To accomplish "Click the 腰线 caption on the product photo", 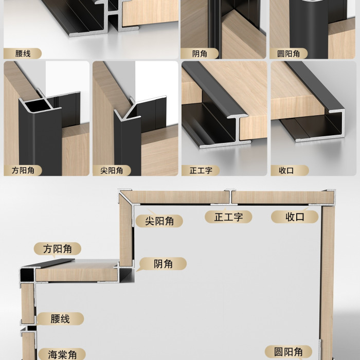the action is [23, 53].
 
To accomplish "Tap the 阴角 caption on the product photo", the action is [200, 53].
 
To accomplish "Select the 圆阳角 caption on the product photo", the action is [289, 53].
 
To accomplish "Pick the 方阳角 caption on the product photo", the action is [23, 170].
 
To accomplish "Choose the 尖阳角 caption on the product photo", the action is [112, 170].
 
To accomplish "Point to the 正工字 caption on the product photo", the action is [201, 170].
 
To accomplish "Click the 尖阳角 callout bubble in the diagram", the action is [159, 221].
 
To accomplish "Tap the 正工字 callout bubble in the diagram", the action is [228, 217].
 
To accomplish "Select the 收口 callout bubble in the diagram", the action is [295, 217].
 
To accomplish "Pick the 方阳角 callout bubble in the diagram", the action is [58, 248].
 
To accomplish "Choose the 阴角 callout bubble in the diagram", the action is [163, 263].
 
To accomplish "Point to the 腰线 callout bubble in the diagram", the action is [60, 319].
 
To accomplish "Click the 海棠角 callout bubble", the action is [62, 354].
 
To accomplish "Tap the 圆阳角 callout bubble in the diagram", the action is [289, 352].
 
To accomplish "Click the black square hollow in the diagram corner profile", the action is [27, 275].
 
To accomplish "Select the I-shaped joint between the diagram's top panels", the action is [230, 197].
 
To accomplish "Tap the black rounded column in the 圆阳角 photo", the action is [309, 29].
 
